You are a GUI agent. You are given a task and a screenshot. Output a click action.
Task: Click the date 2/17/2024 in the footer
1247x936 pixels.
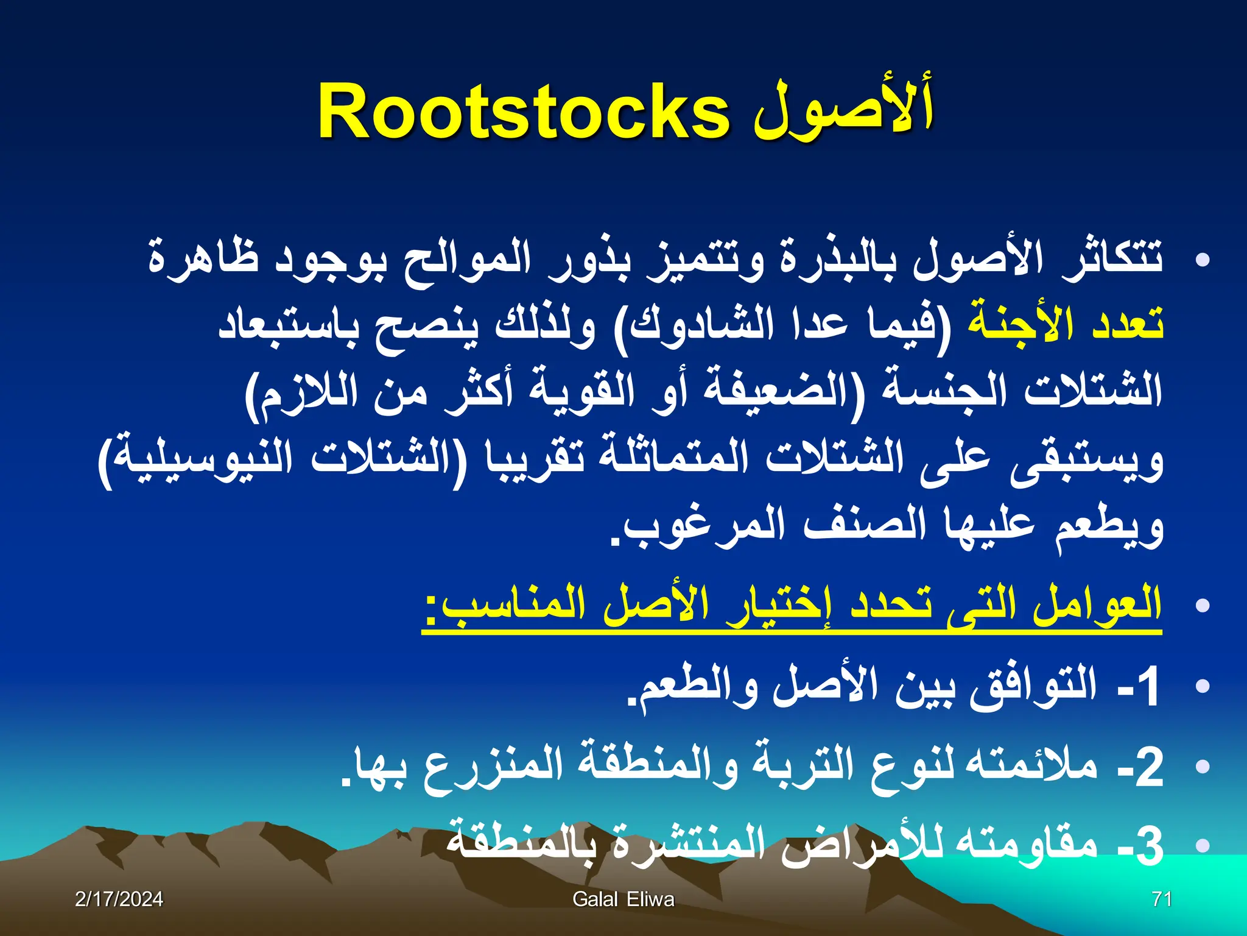click(x=119, y=899)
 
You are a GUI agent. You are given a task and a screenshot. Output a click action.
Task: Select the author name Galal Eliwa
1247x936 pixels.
click(x=623, y=899)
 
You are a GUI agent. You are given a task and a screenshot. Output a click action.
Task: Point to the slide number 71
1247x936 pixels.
click(x=1162, y=899)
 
